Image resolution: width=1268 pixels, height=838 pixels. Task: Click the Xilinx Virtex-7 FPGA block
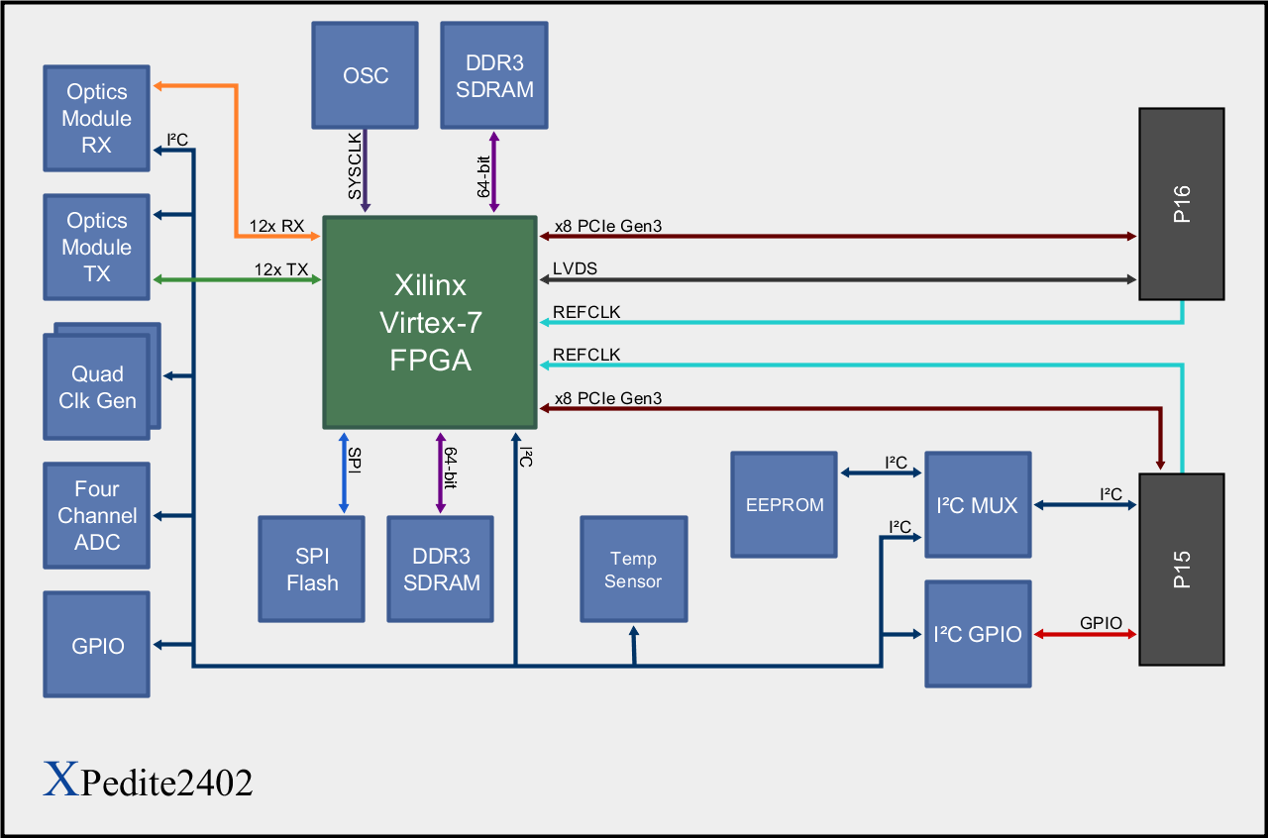(x=430, y=323)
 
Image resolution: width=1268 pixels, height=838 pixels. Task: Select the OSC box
(x=366, y=75)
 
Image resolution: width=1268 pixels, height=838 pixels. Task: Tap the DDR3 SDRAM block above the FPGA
(x=494, y=75)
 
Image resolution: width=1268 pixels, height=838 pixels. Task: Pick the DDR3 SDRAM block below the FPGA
(x=441, y=570)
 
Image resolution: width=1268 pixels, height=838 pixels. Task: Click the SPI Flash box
(x=312, y=570)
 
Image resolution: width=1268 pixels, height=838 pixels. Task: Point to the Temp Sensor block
(x=633, y=570)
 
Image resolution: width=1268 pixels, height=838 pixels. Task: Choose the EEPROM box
(x=785, y=504)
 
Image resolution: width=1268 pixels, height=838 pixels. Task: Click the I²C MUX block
(x=977, y=504)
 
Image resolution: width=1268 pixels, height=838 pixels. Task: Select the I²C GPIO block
(x=977, y=634)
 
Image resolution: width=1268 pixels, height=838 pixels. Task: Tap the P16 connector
(x=1182, y=204)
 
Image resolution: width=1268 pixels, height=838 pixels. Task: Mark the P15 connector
(x=1182, y=570)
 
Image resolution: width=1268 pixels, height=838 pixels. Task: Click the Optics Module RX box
(x=97, y=118)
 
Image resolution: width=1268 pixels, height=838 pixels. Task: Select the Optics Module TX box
(x=97, y=247)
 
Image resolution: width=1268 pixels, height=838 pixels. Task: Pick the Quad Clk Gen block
(x=97, y=387)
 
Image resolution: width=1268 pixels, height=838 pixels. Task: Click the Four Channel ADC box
(x=97, y=515)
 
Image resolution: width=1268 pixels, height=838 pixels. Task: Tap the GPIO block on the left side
(x=97, y=645)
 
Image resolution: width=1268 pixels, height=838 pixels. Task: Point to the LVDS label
(x=576, y=268)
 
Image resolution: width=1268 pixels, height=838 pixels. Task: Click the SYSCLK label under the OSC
(x=355, y=164)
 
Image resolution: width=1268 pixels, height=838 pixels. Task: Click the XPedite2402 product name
(x=149, y=782)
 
